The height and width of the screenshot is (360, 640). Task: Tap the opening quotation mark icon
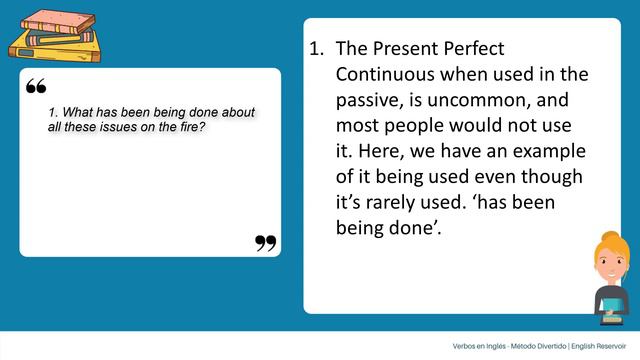36,88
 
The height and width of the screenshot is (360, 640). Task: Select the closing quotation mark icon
265,242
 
